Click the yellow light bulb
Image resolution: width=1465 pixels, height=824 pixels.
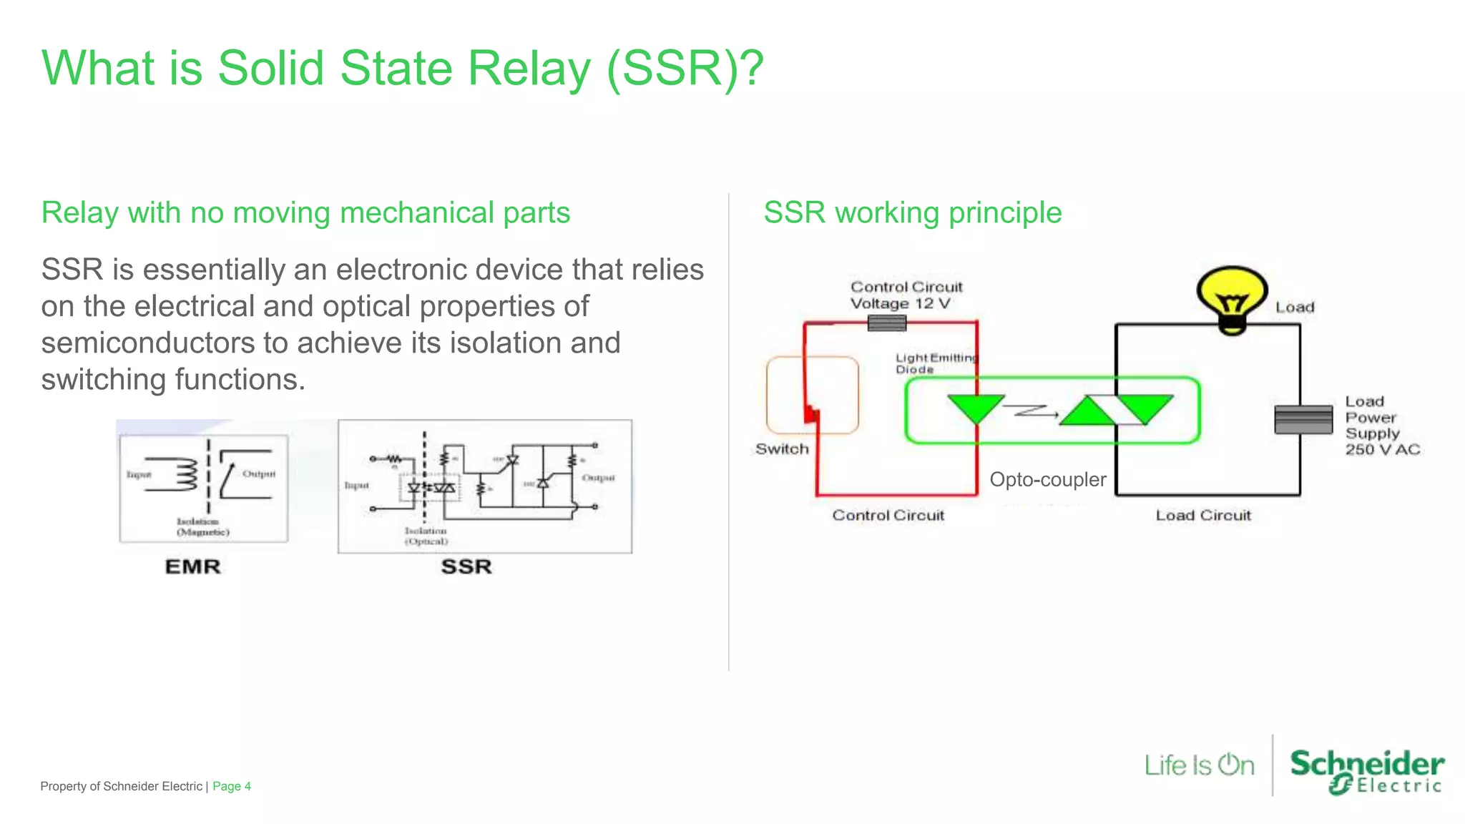click(x=1231, y=298)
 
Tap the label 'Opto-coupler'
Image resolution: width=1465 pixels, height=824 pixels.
click(x=1047, y=479)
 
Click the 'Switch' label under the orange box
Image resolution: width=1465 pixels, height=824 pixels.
click(x=782, y=449)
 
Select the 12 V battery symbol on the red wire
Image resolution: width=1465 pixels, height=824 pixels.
click(x=886, y=323)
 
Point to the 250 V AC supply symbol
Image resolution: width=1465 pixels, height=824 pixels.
click(x=1303, y=419)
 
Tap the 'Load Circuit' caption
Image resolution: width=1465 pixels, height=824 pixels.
click(x=1202, y=515)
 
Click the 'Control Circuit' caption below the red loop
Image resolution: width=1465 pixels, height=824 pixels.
click(x=888, y=515)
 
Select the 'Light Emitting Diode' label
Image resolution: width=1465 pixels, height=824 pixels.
click(x=935, y=363)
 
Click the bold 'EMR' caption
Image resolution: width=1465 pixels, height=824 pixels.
click(x=192, y=566)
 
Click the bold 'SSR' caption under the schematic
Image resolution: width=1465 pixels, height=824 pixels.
click(x=466, y=566)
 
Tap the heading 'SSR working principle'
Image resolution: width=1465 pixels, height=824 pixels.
click(x=912, y=212)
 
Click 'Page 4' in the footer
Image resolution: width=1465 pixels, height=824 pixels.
click(x=231, y=786)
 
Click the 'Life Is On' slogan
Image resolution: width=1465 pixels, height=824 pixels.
click(x=1199, y=765)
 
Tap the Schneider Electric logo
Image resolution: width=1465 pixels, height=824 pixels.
click(x=1366, y=771)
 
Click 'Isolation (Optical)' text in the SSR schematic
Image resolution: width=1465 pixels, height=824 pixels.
click(x=426, y=536)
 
